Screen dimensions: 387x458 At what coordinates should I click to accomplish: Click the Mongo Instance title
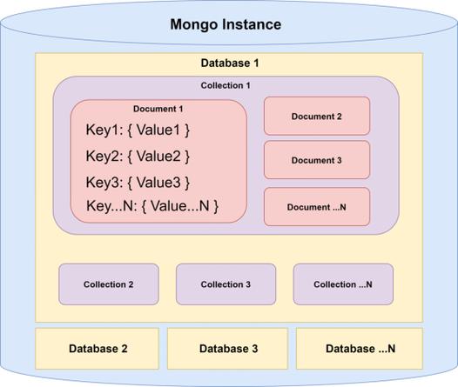click(x=225, y=24)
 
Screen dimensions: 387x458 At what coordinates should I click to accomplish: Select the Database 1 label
click(x=230, y=63)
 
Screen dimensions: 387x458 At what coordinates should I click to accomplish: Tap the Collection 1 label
click(x=226, y=85)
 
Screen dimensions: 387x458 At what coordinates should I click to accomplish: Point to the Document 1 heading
click(x=158, y=109)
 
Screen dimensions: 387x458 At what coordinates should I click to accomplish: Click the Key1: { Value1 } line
click(x=138, y=130)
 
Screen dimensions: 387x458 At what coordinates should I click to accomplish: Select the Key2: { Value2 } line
click(x=138, y=157)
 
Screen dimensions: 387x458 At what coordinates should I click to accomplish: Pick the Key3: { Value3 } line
click(x=138, y=183)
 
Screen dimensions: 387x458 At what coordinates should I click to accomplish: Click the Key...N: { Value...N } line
click(x=152, y=206)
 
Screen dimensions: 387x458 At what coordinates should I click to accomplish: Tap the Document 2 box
click(x=317, y=116)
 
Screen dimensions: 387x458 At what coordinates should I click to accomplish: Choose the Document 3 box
click(x=317, y=160)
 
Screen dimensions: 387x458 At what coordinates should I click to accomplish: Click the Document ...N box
click(x=317, y=207)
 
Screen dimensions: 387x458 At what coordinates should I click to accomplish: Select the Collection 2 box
click(x=109, y=284)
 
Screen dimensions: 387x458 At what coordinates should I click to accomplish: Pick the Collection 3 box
click(x=226, y=284)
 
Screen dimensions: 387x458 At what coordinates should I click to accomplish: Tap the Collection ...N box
click(x=343, y=284)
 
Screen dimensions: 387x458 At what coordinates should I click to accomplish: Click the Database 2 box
click(x=98, y=349)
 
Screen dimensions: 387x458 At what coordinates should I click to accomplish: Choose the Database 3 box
click(x=228, y=349)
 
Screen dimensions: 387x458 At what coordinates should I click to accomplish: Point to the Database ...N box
click(x=360, y=349)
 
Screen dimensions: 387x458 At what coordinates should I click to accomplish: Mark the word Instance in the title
click(x=251, y=24)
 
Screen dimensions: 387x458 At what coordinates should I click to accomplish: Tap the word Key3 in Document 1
click(x=104, y=183)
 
